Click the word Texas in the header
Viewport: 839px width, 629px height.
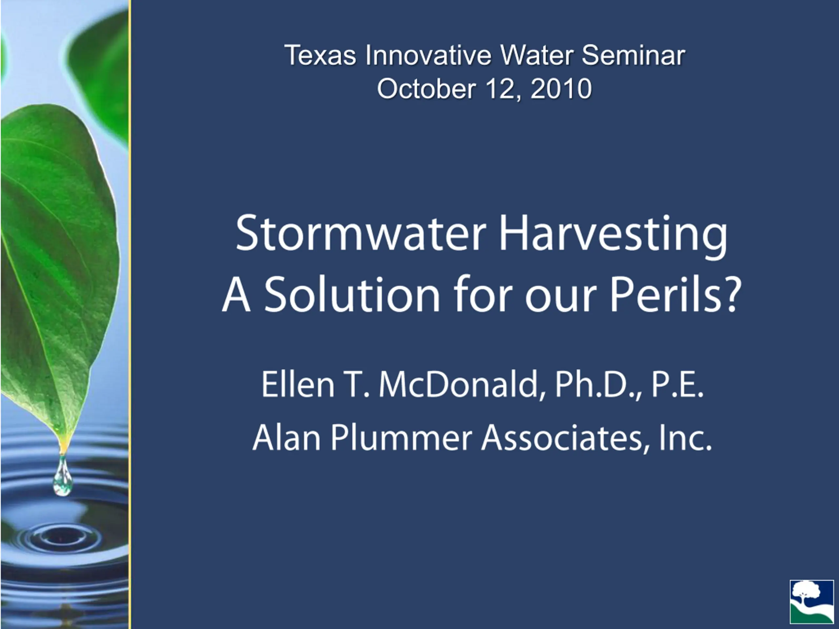tap(320, 55)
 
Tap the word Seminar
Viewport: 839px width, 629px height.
tap(634, 55)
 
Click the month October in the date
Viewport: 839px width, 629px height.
tap(426, 89)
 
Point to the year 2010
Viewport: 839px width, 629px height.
tap(561, 89)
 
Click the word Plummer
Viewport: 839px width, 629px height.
tap(401, 437)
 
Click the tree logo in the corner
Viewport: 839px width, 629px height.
tap(812, 602)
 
